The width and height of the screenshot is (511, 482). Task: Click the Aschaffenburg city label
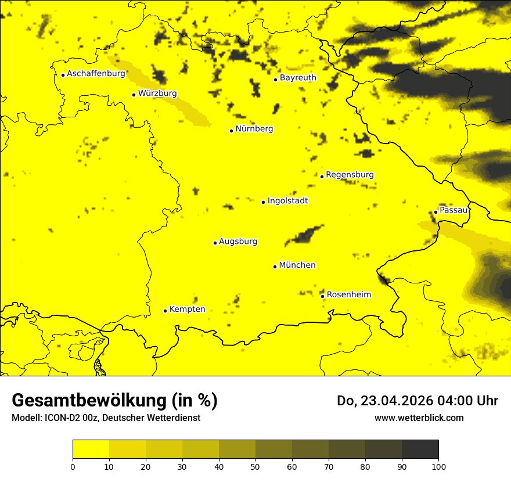pos(96,74)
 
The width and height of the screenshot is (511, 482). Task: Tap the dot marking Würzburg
pos(134,95)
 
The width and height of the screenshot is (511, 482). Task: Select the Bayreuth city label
pos(298,77)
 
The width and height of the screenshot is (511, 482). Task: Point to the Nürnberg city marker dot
pos(231,131)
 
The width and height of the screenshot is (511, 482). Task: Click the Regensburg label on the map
pos(350,175)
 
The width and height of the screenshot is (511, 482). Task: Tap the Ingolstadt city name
pos(287,201)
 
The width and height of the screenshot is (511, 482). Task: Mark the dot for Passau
pos(436,212)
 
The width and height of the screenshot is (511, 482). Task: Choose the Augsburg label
pos(238,242)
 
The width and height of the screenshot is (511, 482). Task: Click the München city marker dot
pos(275,267)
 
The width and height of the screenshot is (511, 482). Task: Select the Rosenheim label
pos(348,295)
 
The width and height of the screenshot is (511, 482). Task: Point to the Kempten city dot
pos(165,311)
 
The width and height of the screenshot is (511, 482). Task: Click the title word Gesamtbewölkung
pos(90,401)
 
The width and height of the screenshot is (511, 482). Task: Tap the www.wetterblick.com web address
pos(419,418)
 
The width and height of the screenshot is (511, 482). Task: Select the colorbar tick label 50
pos(255,466)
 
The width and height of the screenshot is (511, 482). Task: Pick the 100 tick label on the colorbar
pos(438,466)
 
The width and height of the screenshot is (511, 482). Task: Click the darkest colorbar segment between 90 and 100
pos(420,449)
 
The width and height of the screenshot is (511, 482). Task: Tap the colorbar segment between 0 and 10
pos(91,449)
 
